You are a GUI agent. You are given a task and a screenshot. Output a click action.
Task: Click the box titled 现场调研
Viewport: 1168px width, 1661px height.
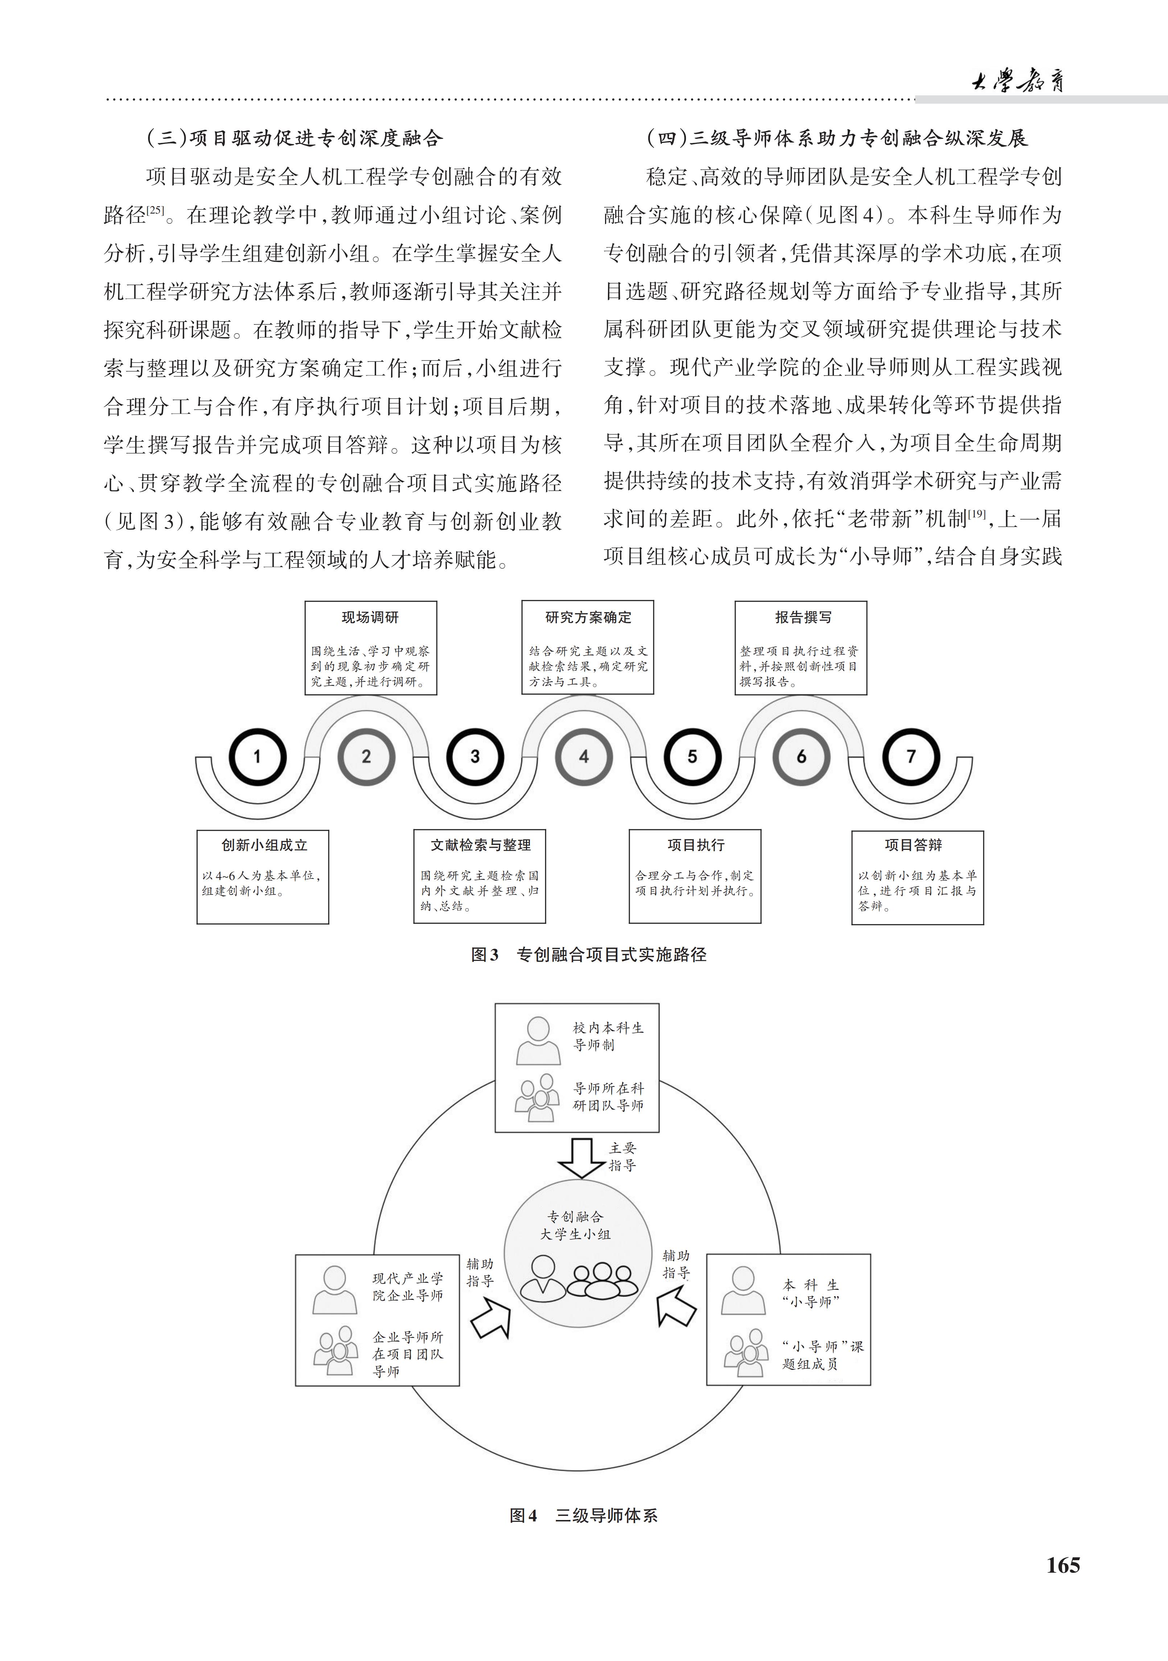(370, 648)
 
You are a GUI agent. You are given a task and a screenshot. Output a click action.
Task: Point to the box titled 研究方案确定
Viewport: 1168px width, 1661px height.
(588, 648)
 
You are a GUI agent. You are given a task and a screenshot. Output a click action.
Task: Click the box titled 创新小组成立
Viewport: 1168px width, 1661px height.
(263, 877)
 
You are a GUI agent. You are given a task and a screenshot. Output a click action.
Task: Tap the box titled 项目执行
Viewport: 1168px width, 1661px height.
(695, 877)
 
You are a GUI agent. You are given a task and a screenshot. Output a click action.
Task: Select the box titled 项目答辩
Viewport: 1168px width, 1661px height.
(918, 877)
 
